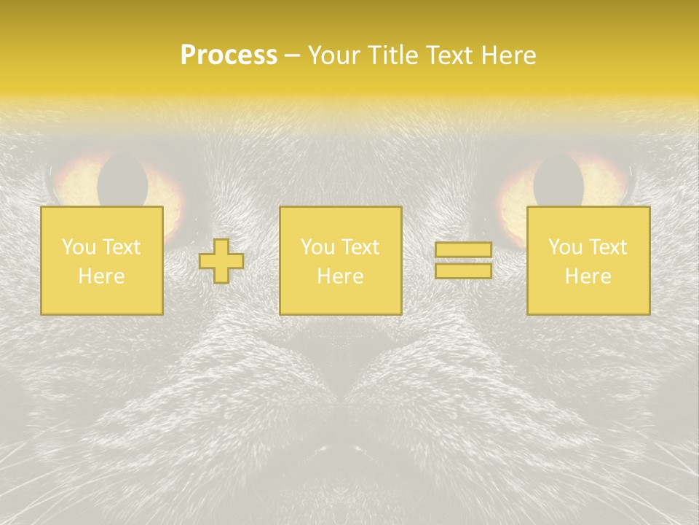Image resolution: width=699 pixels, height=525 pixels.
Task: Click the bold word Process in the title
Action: pos(229,55)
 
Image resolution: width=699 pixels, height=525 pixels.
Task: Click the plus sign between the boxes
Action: pos(221,261)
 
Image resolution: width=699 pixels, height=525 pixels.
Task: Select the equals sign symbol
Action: pos(463,260)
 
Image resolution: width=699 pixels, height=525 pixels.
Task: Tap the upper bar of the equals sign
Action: pos(463,250)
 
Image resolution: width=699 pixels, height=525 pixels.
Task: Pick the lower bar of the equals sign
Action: pos(463,271)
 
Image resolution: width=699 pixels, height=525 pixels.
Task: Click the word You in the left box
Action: pos(78,247)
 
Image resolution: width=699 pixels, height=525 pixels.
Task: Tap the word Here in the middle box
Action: pos(340,276)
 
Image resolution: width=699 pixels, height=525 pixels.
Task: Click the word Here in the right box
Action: pos(588,276)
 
